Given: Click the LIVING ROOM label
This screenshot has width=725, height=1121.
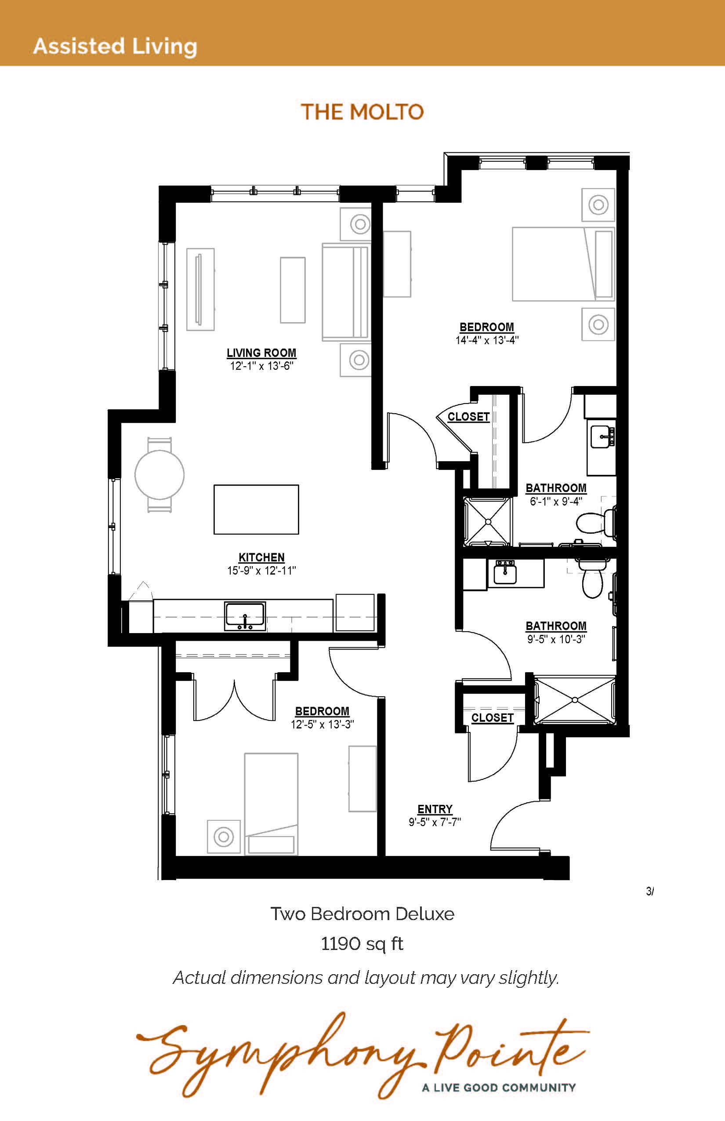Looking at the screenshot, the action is point(261,353).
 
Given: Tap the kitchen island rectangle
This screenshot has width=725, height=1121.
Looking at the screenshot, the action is point(256,509).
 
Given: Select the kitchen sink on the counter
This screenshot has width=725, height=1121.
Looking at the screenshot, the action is point(245,616).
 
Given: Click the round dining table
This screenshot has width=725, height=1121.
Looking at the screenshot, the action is point(159,474).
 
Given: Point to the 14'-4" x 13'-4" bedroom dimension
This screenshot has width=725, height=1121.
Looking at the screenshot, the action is point(487,340).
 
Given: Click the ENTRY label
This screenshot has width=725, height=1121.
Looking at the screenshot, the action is point(435,809).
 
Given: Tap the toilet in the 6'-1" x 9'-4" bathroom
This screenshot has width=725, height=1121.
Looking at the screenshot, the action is point(597,522).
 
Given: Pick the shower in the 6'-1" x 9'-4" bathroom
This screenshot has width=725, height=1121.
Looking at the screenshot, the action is point(488,521).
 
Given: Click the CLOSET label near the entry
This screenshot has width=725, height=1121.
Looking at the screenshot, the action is point(493,718).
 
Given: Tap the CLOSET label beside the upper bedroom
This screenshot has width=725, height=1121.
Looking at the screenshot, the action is point(468,417).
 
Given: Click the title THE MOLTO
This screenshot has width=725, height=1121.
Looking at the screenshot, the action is point(362,112).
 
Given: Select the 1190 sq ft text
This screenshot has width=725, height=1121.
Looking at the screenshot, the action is point(362,944).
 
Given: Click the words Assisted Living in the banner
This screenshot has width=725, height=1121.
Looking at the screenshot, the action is point(115,47).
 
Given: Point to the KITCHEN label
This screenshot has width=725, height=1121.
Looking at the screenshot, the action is point(261,558).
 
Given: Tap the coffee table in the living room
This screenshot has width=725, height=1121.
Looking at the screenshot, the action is point(293,290).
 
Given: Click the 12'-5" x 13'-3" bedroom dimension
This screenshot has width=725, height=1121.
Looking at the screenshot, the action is point(323,724).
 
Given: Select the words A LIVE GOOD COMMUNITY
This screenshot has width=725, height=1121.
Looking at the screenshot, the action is point(499,1088).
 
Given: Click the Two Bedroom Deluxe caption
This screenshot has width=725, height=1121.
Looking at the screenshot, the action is point(362,914).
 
